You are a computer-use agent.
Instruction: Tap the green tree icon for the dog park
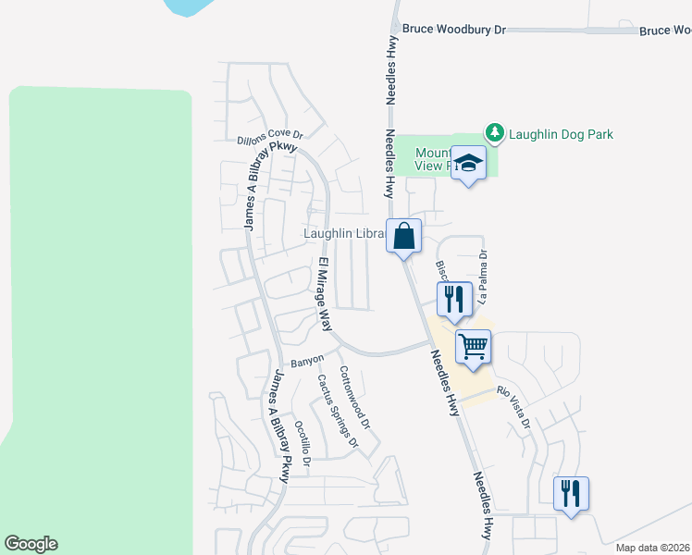click(496, 134)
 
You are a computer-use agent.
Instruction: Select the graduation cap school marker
click(469, 165)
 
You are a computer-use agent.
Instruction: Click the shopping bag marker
click(404, 237)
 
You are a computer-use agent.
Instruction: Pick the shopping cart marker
click(474, 348)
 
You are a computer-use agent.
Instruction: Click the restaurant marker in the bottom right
click(571, 493)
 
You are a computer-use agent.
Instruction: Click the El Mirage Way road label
click(324, 295)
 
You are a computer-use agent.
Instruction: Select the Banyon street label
click(307, 359)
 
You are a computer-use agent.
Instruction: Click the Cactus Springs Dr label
click(337, 411)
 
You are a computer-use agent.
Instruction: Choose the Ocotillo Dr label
click(303, 440)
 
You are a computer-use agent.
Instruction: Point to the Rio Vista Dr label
click(513, 406)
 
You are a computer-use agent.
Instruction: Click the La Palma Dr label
click(483, 277)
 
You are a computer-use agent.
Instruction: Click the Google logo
click(31, 544)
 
